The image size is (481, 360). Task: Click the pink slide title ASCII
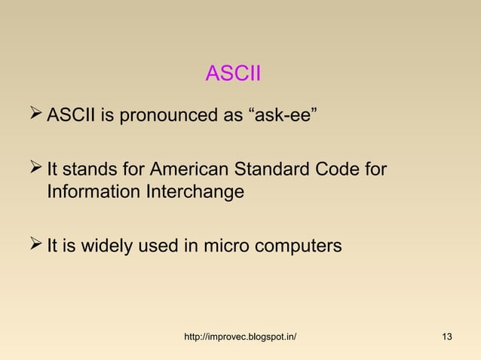pos(233,74)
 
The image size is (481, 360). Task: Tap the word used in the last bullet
pos(154,246)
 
